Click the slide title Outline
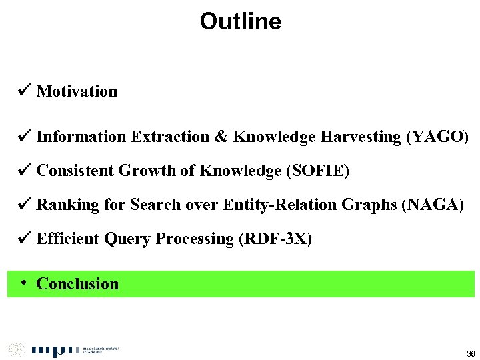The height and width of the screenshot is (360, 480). click(240, 22)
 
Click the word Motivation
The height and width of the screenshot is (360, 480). click(77, 91)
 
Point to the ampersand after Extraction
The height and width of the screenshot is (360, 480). click(221, 137)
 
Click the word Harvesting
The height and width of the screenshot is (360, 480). click(360, 137)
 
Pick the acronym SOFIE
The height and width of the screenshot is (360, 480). click(317, 171)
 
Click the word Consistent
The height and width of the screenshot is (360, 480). click(75, 171)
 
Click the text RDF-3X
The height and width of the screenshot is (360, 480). click(275, 239)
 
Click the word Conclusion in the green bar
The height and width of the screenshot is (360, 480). click(77, 284)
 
